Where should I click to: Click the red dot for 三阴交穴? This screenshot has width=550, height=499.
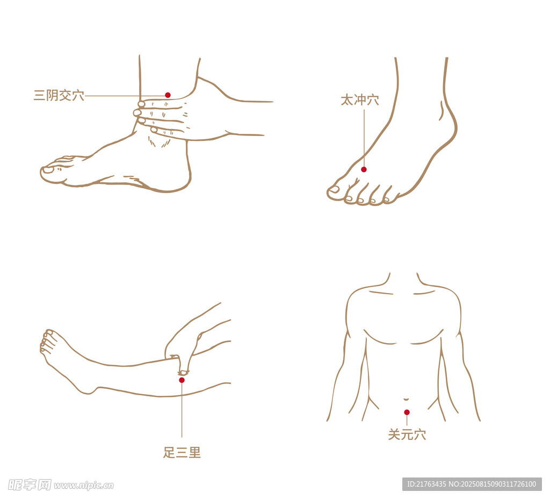click(x=168, y=95)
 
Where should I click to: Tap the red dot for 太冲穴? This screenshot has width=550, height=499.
click(x=364, y=169)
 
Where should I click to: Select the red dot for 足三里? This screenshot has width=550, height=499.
click(x=182, y=380)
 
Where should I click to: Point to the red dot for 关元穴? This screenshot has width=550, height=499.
click(x=407, y=412)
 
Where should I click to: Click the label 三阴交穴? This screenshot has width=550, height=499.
click(x=59, y=96)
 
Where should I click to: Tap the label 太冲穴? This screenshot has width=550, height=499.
click(x=359, y=100)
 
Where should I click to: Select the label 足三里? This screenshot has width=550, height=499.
click(x=182, y=453)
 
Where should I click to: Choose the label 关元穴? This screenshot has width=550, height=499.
click(x=407, y=435)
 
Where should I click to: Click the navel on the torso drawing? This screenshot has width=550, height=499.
click(x=406, y=400)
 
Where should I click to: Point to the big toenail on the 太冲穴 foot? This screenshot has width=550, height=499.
click(x=334, y=189)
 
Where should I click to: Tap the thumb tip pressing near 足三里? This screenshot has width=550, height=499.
click(x=184, y=372)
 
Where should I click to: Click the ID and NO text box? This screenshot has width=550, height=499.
click(x=471, y=484)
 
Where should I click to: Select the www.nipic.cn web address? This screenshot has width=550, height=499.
click(x=84, y=486)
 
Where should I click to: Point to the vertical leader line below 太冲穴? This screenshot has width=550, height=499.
click(x=364, y=137)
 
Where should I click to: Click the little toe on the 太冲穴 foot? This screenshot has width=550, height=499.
click(x=387, y=201)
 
